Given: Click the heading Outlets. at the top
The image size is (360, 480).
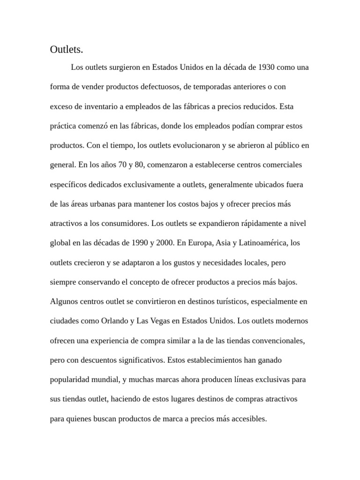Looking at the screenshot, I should (66, 49).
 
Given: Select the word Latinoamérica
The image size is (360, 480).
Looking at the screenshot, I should (264, 243).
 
